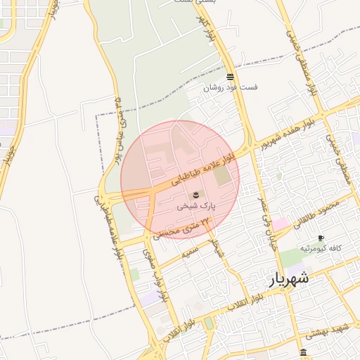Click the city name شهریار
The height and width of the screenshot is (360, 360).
(x=289, y=279)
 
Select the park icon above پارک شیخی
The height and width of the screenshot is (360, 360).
(x=195, y=194)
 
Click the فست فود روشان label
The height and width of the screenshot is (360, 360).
(x=231, y=88)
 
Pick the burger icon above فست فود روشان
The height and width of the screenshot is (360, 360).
(x=230, y=77)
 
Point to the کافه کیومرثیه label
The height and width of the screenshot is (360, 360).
(x=321, y=249)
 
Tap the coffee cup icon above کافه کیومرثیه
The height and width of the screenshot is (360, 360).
(x=321, y=238)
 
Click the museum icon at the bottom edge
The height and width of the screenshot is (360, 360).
(x=303, y=352)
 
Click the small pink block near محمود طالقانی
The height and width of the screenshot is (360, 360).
(x=281, y=224)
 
